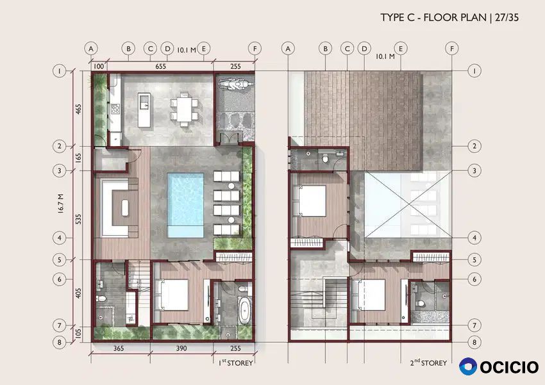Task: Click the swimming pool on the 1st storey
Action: (185, 205)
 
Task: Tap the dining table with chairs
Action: (184, 109)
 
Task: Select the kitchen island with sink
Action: (144, 110)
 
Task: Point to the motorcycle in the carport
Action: (234, 85)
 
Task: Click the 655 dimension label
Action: (160, 67)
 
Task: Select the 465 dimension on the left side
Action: (79, 109)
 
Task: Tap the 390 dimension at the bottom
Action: (181, 348)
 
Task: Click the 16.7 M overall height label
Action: (60, 203)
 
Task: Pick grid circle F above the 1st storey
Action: (255, 49)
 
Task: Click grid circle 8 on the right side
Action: (474, 342)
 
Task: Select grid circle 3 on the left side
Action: (60, 171)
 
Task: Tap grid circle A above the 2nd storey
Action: (288, 49)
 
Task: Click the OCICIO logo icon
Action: (468, 366)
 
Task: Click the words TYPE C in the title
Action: (398, 17)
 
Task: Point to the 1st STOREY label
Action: (236, 363)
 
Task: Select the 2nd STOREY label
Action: (428, 363)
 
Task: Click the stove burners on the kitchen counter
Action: (115, 109)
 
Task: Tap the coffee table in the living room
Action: (125, 208)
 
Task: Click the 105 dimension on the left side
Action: (79, 334)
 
